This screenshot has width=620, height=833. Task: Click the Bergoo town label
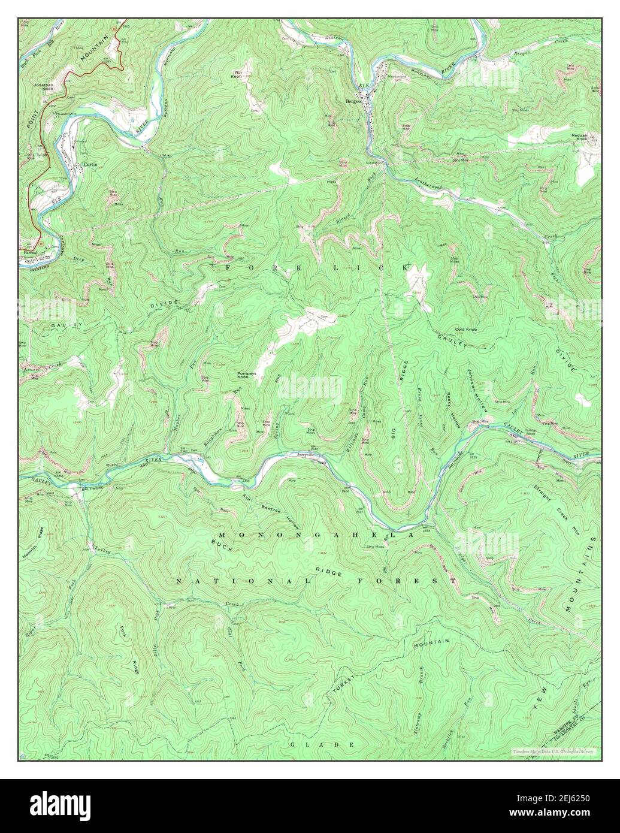pyautogui.click(x=353, y=101)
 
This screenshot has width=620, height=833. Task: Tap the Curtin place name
pyautogui.click(x=90, y=164)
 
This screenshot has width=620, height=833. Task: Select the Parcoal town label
pyautogui.click(x=31, y=252)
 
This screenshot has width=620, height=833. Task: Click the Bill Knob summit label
pyautogui.click(x=237, y=74)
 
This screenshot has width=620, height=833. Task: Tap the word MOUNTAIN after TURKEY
pyautogui.click(x=431, y=642)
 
